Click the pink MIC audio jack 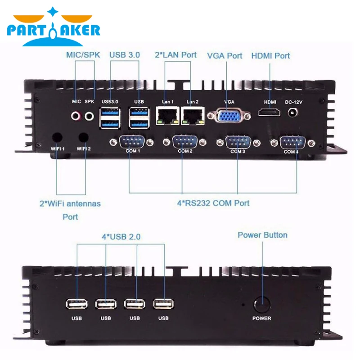coord(77,116)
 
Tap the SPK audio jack coord(90,116)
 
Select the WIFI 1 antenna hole coord(58,137)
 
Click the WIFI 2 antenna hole coord(83,137)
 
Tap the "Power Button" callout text coord(262,235)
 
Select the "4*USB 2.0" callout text coord(121,235)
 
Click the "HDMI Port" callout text coord(270,56)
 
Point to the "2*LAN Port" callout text coord(176,55)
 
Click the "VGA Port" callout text coord(225,56)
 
